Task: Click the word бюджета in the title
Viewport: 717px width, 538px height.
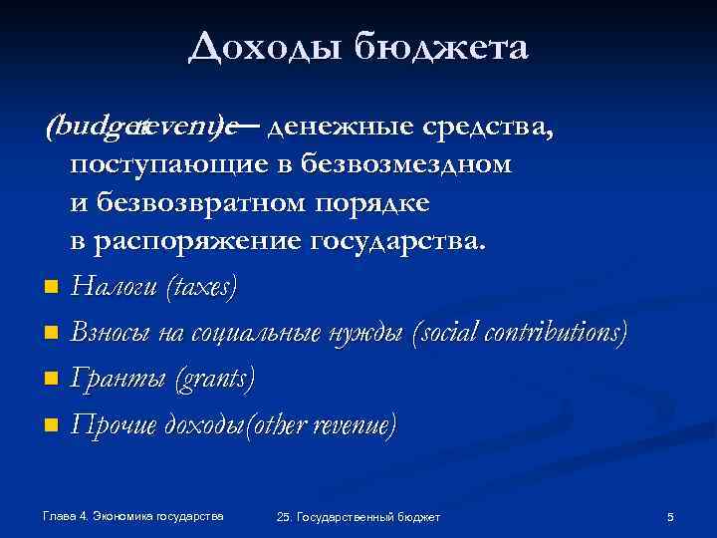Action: click(437, 48)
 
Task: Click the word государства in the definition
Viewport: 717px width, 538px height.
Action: click(402, 240)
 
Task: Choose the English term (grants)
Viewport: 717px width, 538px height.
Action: click(215, 379)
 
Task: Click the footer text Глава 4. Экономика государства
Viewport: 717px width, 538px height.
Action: click(134, 515)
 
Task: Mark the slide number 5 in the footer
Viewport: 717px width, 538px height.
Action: click(670, 516)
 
